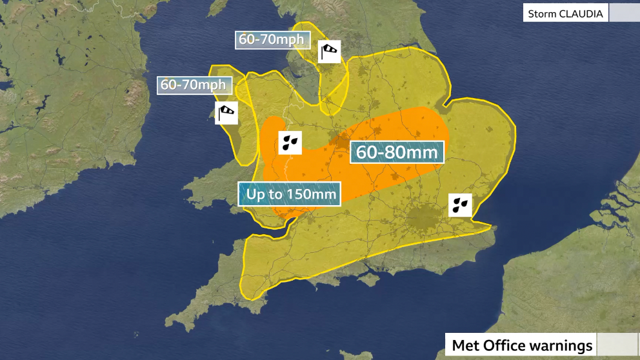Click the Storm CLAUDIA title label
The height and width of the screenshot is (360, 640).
click(x=565, y=14)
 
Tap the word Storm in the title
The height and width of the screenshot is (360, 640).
click(x=541, y=14)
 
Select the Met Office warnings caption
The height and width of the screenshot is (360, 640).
click(x=521, y=345)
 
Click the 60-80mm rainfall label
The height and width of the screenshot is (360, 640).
click(x=397, y=154)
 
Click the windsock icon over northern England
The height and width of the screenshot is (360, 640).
click(x=330, y=51)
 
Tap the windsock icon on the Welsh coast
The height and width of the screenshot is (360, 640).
click(x=226, y=113)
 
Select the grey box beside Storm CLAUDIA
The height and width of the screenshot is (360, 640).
click(x=623, y=14)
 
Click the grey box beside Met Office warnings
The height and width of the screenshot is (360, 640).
click(x=617, y=345)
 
